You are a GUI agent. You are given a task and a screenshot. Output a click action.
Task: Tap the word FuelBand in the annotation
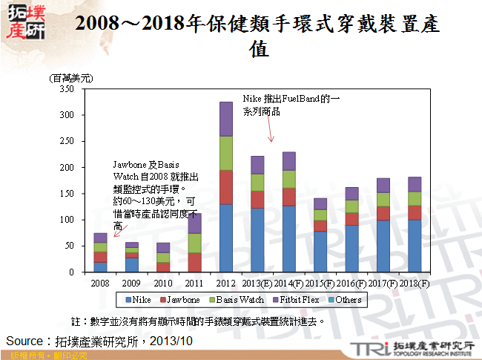tap(299, 99)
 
